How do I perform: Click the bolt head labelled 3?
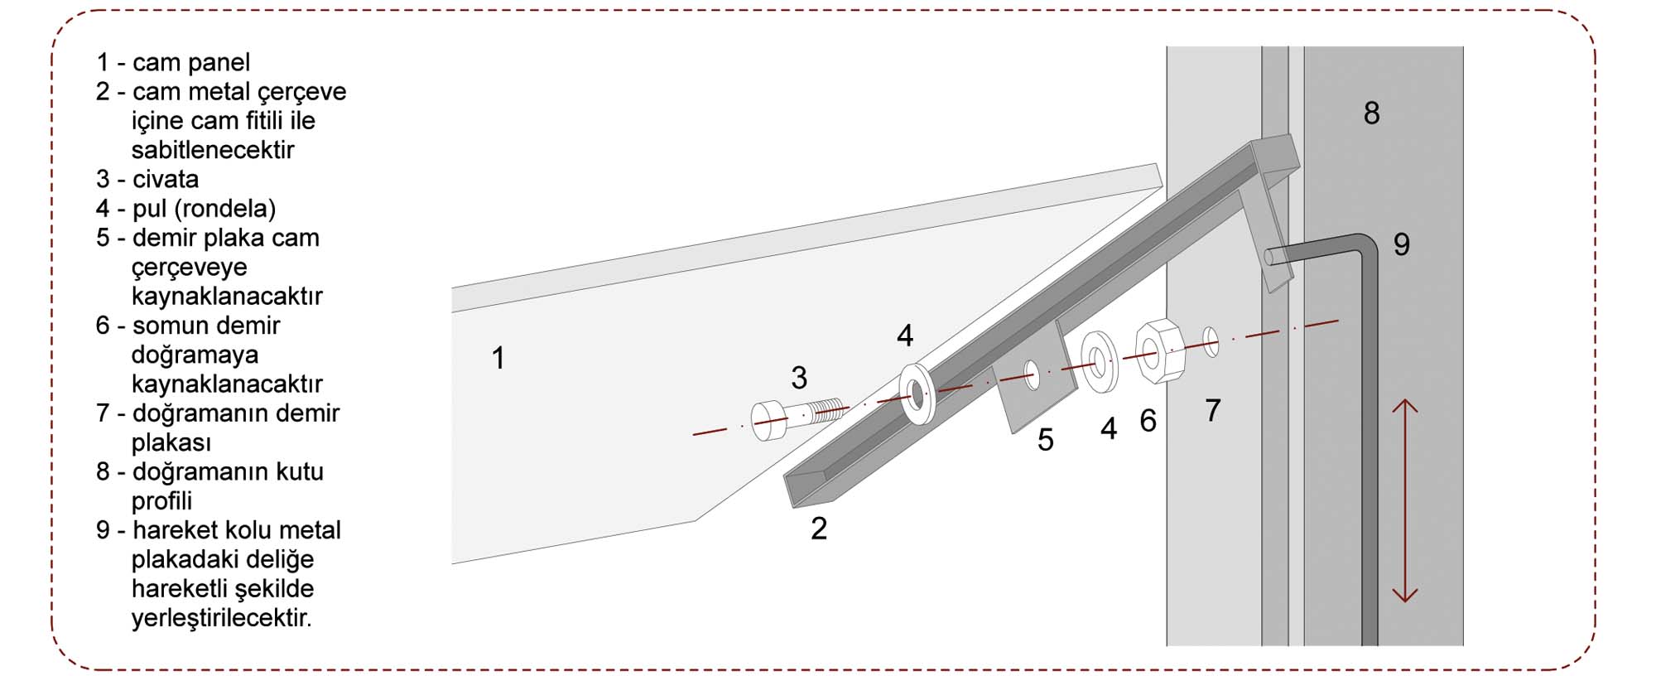coord(768,420)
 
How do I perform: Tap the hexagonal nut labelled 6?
coord(1159,350)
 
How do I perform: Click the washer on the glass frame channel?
coord(917,394)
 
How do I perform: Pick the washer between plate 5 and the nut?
coord(1099,361)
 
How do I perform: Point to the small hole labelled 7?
coord(1211,341)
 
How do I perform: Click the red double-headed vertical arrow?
coord(1405,500)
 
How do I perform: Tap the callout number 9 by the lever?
coord(1401,244)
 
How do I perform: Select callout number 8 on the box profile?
coord(1371,113)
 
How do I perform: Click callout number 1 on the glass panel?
coord(498,358)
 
